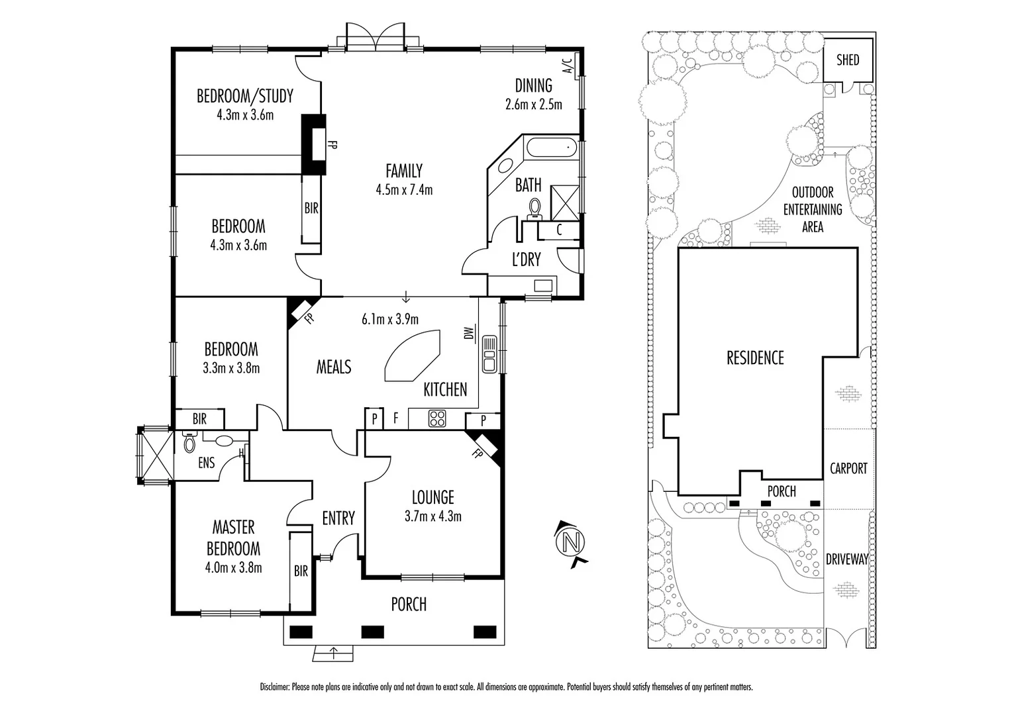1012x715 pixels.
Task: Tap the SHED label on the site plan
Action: tap(847, 60)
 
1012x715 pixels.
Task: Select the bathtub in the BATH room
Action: tap(550, 148)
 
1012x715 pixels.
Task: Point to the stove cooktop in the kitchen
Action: tap(437, 418)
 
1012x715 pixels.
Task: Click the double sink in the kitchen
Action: tap(490, 354)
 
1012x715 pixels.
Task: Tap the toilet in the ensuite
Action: tap(189, 442)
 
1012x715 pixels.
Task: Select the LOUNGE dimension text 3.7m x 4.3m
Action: tap(432, 516)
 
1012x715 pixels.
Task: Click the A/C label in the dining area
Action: tap(567, 66)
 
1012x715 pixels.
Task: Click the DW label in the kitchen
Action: tap(468, 334)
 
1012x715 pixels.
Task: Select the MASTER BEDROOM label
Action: tap(233, 538)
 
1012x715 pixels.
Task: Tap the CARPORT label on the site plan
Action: tap(848, 469)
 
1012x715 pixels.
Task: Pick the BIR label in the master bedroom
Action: tap(301, 571)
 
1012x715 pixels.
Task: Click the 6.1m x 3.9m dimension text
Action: tap(389, 320)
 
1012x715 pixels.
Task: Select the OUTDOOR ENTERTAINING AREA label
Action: tap(813, 209)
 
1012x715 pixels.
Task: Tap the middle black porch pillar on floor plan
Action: tap(372, 631)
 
